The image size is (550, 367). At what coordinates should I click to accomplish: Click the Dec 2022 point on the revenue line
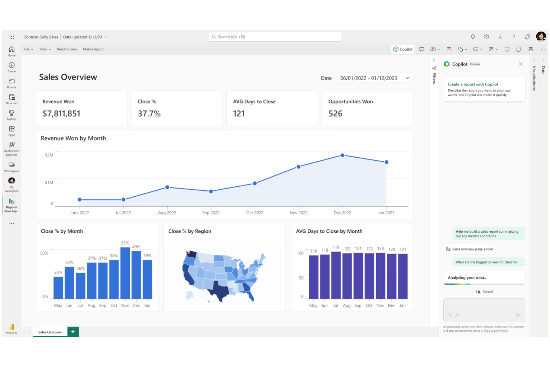[342, 155]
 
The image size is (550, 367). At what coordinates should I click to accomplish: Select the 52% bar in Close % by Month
[125, 273]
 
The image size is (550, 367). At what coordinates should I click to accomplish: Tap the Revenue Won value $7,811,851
[62, 114]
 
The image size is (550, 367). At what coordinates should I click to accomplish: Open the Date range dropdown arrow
[408, 78]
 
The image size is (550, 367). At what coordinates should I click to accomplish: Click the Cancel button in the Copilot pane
[485, 292]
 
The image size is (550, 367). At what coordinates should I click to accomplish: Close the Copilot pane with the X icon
[521, 64]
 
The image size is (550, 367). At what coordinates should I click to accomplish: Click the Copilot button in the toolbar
[403, 49]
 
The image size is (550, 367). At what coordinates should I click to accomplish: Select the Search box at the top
[275, 37]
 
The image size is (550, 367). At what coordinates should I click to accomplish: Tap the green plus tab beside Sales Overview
[73, 332]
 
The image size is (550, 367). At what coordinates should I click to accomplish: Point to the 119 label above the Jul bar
[336, 247]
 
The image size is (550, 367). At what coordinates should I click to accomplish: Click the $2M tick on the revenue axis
[49, 155]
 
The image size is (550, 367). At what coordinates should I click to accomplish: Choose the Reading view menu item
[67, 49]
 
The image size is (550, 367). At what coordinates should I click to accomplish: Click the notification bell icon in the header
[473, 37]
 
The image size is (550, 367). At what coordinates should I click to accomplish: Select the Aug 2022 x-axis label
[167, 213]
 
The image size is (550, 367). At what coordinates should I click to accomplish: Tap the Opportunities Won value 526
[336, 114]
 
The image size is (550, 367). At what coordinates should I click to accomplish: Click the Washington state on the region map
[191, 254]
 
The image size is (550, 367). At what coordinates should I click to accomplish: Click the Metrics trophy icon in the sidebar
[12, 113]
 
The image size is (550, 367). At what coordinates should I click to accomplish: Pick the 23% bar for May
[58, 287]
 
